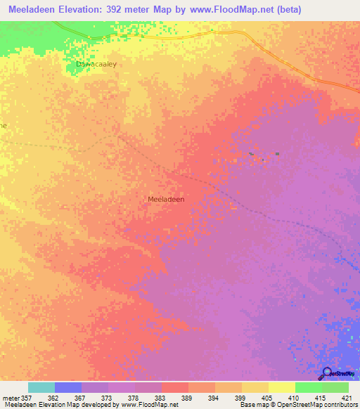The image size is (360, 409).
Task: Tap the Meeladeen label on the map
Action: (166, 200)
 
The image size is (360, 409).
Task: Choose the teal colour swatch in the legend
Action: (41, 387)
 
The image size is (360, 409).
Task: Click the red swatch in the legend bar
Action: (174, 387)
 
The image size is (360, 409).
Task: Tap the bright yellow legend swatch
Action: (281, 387)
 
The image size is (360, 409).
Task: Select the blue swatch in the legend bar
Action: (68, 387)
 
